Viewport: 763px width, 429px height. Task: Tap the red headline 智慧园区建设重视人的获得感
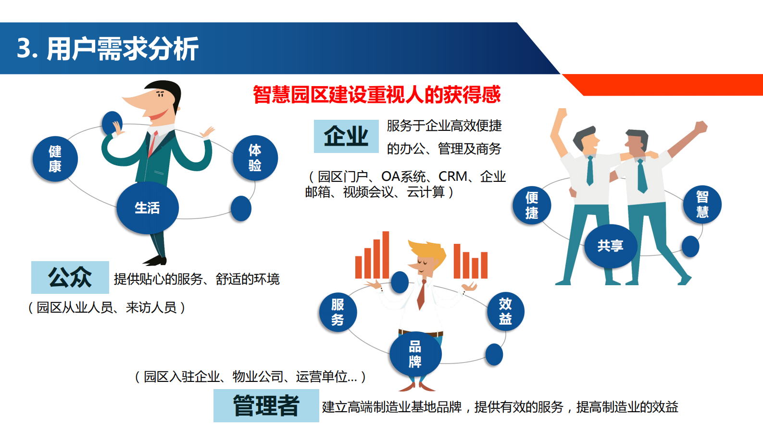376,95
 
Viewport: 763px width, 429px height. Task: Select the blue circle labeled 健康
55,159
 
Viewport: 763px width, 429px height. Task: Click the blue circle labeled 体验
255,158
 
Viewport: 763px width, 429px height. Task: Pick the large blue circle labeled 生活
147,208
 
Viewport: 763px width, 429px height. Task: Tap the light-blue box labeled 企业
346,136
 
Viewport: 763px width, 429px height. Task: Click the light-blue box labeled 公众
70,278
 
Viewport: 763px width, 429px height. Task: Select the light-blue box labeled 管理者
266,405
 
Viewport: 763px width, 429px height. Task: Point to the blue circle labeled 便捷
531,205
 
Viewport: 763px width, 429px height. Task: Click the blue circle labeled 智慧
702,204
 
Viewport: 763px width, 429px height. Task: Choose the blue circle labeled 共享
610,246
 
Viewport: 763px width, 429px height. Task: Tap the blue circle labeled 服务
338,312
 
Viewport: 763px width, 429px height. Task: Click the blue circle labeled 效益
505,312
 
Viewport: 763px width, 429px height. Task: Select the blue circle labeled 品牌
415,354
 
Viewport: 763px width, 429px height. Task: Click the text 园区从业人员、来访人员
107,307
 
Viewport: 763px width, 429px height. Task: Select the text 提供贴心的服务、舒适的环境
197,279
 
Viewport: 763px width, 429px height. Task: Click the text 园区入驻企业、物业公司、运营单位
250,377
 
